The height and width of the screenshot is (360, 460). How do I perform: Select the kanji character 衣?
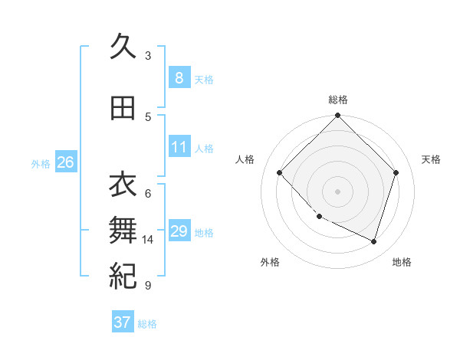(123, 185)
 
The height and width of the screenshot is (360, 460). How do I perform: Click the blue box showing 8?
(179, 78)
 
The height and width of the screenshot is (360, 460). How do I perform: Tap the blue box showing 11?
(179, 147)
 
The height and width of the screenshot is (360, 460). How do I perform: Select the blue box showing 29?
(179, 231)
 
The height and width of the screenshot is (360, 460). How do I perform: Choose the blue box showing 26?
(65, 162)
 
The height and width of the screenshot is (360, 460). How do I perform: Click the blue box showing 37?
(123, 322)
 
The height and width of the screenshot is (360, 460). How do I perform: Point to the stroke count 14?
(148, 240)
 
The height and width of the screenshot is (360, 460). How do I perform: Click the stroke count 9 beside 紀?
(147, 286)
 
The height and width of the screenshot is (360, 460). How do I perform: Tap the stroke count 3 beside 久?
(148, 56)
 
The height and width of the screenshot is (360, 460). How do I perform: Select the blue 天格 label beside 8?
(204, 80)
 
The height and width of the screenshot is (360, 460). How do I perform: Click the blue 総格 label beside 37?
(147, 324)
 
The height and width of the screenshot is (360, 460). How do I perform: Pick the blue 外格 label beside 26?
(41, 164)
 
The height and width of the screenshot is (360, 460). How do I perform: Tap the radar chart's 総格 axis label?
(338, 100)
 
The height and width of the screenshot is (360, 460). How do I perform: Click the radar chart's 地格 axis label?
(402, 262)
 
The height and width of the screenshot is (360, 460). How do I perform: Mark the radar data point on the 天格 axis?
(396, 172)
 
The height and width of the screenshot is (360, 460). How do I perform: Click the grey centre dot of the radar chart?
(337, 191)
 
